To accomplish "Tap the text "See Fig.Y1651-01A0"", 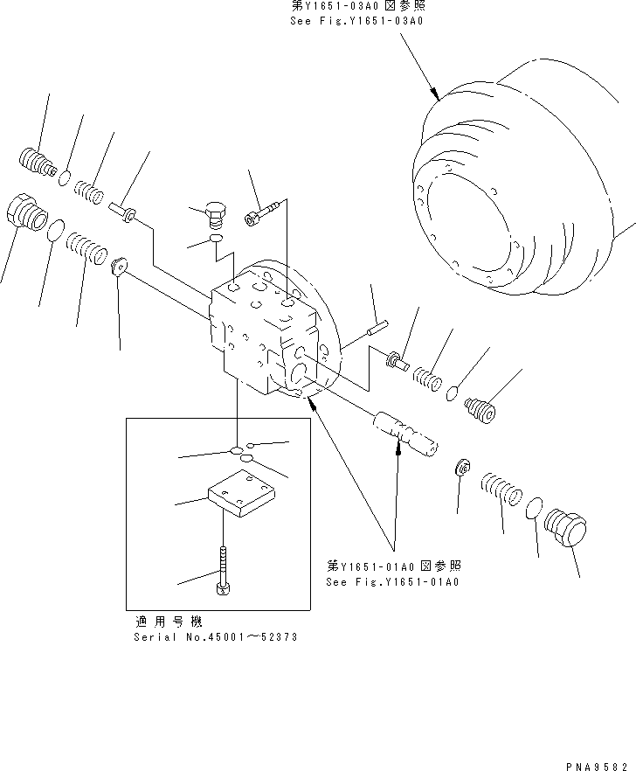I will (391, 581).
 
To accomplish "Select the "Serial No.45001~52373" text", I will (215, 637).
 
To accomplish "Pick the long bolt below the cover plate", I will (224, 571).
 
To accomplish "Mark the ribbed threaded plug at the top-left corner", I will (36, 162).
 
